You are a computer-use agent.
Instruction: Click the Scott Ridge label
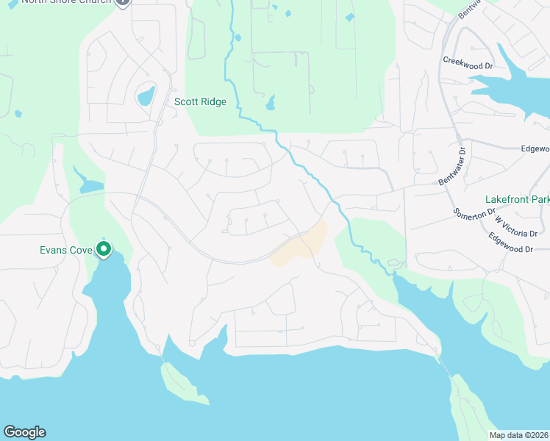pyautogui.click(x=200, y=102)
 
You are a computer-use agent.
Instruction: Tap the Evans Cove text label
pyautogui.click(x=65, y=250)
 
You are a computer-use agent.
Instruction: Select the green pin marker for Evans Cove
pyautogui.click(x=104, y=251)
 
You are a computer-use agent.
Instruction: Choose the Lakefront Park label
pyautogui.click(x=518, y=199)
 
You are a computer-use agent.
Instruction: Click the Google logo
pyautogui.click(x=24, y=432)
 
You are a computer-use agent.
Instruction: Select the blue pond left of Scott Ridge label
pyautogui.click(x=146, y=96)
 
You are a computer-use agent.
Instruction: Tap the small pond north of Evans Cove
pyautogui.click(x=91, y=185)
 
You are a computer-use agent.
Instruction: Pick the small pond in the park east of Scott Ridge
pyautogui.click(x=271, y=104)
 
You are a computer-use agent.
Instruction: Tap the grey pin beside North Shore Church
pyautogui.click(x=123, y=2)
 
